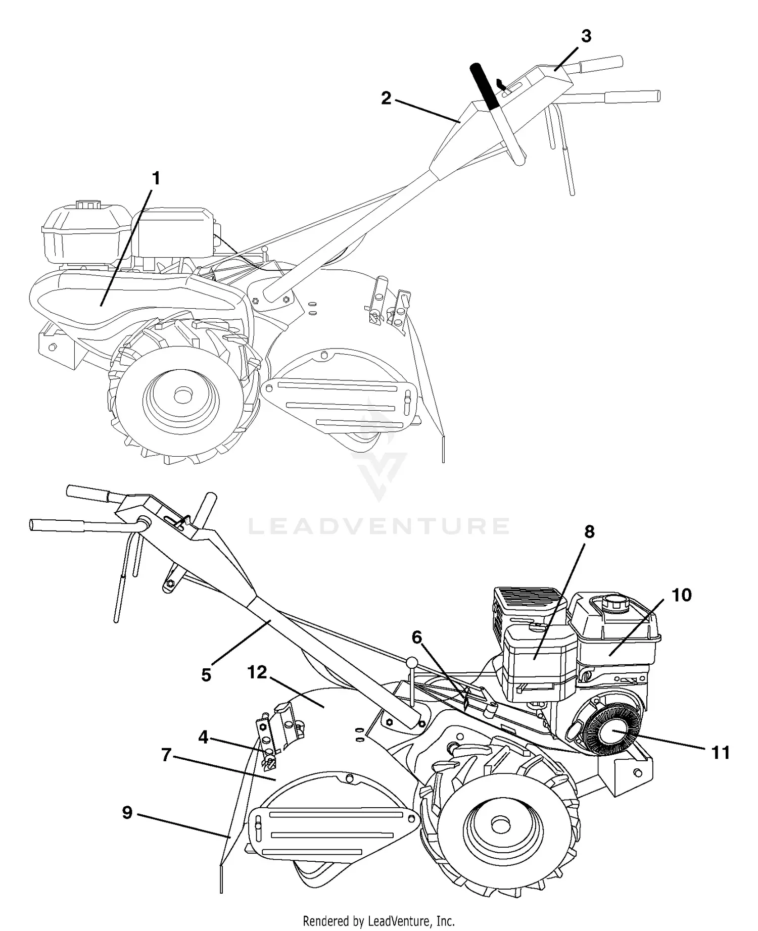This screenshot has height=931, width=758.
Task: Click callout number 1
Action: coord(156,179)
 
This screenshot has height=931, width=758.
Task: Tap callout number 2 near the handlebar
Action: coord(386,99)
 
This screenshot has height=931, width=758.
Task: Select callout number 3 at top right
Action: coord(586,36)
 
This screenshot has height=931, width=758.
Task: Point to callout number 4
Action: coord(203,738)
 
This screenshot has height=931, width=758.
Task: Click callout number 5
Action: coord(206,675)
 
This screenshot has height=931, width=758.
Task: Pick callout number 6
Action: coord(416,638)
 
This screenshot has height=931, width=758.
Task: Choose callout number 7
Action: coord(166,755)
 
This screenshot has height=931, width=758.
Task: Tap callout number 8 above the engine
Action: coord(589,532)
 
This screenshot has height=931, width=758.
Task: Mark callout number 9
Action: coord(127,812)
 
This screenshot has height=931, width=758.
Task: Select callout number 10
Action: coord(681,595)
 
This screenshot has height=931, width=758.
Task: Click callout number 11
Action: coord(721,753)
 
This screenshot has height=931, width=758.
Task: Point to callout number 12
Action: coord(257,672)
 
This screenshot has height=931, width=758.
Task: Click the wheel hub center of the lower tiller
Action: coord(500,825)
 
